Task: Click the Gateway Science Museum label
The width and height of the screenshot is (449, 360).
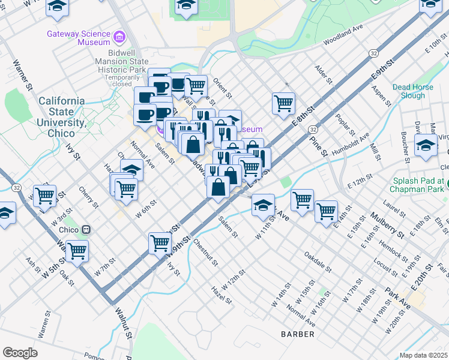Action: pos(79,38)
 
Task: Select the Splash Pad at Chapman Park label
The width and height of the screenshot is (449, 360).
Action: pos(418,185)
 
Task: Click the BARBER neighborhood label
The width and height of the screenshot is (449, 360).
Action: pos(298,334)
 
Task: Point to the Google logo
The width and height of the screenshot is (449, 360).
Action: pos(20,352)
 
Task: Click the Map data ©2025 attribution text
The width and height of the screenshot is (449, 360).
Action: pos(423,355)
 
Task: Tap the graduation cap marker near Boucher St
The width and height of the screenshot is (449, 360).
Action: pos(426,146)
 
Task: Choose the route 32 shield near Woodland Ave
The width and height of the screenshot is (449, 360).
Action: pos(373,53)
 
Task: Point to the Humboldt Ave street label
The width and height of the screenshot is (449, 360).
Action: pos(352,145)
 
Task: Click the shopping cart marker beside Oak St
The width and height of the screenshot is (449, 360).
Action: pos(77,251)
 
